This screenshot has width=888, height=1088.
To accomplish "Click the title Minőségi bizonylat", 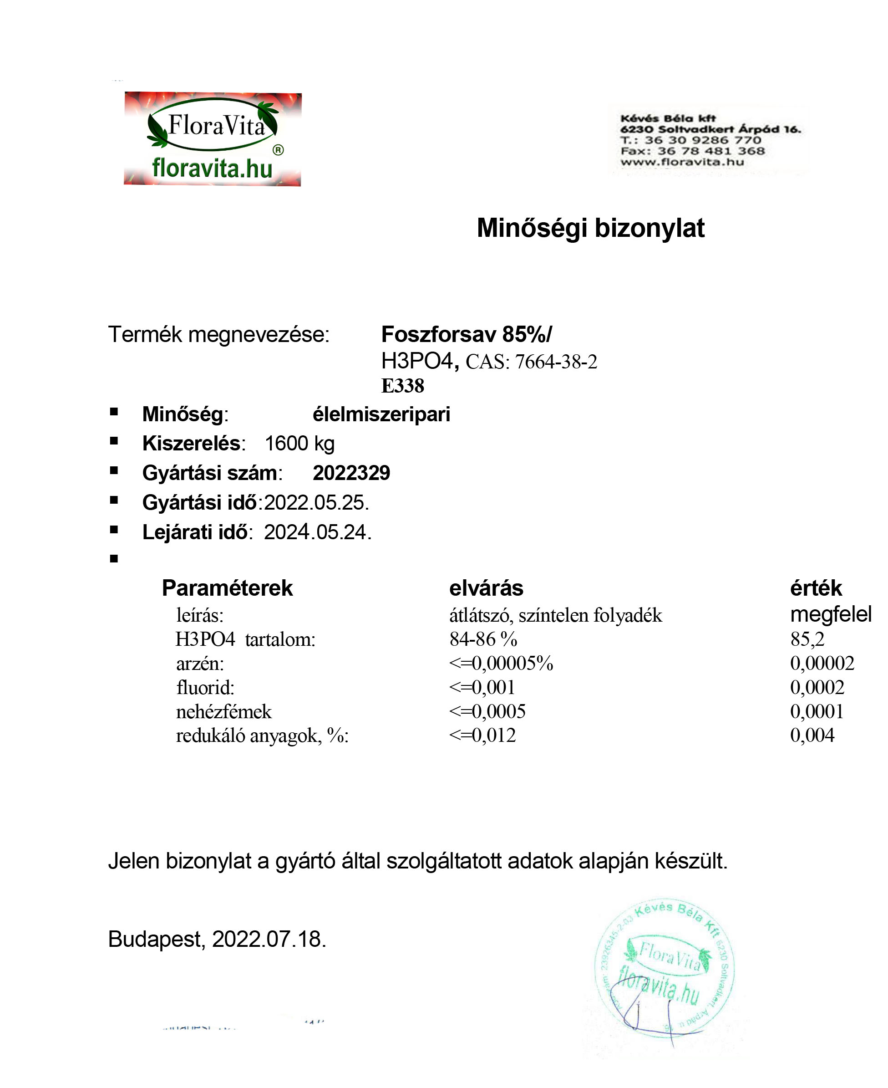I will click(590, 228).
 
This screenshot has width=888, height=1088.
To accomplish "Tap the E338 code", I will click(402, 386).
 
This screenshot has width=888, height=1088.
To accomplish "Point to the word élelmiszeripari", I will click(381, 414).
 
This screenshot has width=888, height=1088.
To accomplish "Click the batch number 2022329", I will click(351, 473).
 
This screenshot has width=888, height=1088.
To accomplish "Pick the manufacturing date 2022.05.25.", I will click(316, 502).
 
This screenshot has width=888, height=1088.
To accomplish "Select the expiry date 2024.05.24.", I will click(317, 532).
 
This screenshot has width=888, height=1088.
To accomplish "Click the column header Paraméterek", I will click(227, 588).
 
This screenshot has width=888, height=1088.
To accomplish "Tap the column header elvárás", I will click(486, 588).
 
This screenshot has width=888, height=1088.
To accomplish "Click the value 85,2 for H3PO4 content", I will click(807, 639).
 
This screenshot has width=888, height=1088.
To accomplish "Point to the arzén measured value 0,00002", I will click(822, 663).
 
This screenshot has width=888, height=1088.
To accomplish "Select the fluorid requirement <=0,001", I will click(482, 687).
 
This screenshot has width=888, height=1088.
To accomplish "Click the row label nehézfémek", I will click(223, 712).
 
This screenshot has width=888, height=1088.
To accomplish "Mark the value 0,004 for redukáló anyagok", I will click(812, 736).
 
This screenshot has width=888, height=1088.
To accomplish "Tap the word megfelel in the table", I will click(830, 615).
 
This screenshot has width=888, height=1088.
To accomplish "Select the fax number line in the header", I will click(692, 151).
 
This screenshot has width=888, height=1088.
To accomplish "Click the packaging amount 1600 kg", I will click(299, 444).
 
